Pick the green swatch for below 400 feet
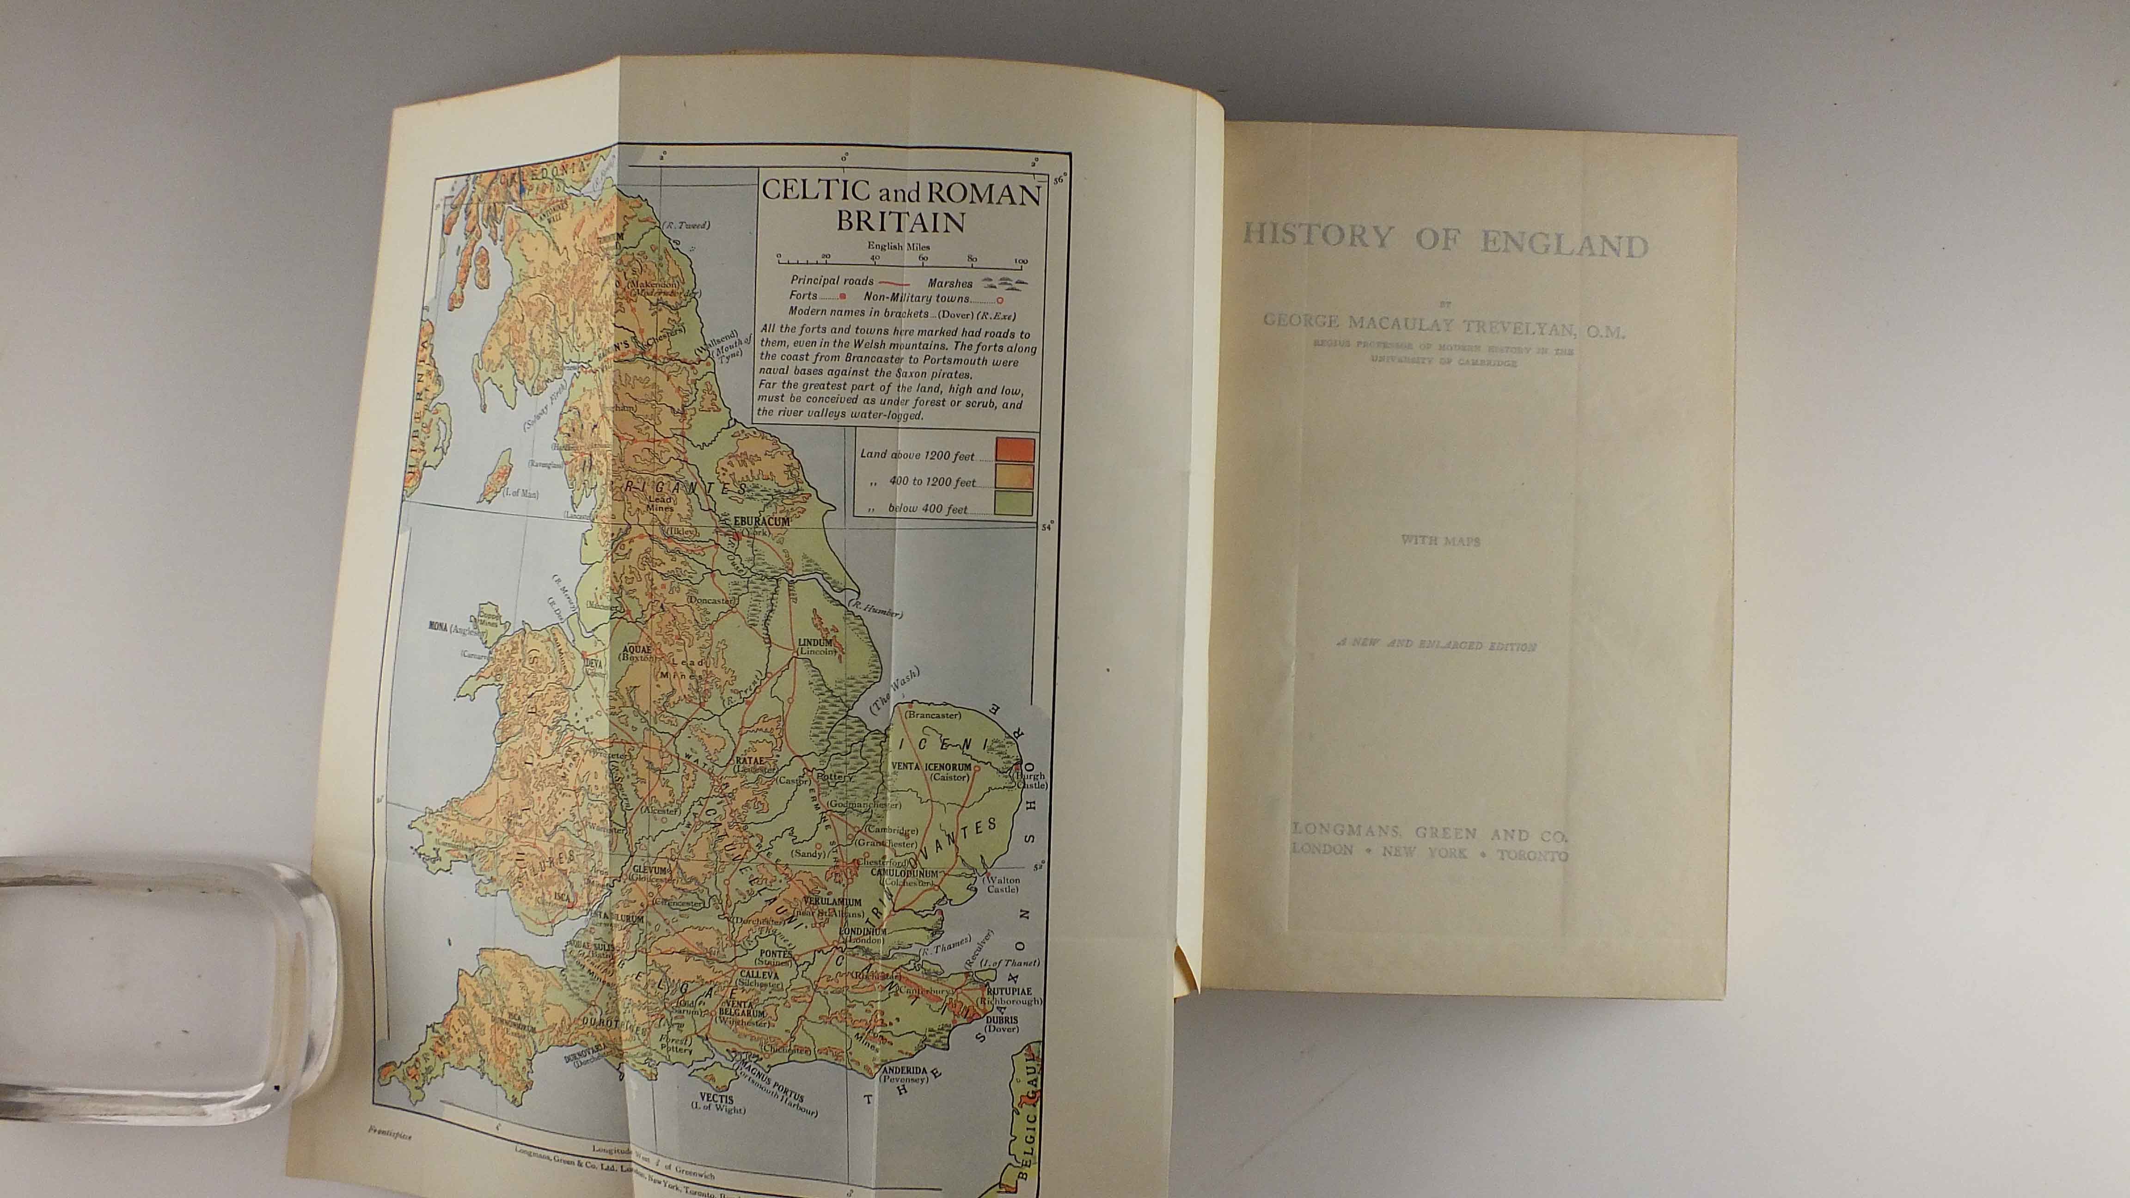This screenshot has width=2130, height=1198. tap(1015, 503)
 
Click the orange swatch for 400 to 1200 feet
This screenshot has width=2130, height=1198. tap(1015, 476)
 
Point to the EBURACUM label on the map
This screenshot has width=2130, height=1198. tap(762, 522)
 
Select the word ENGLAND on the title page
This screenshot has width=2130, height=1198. tap(1563, 244)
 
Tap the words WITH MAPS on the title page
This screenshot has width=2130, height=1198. tap(1439, 541)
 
